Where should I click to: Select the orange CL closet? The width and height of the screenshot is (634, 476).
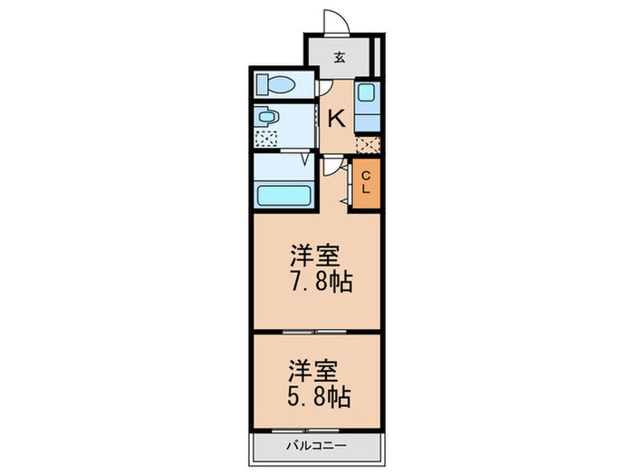pos(365,184)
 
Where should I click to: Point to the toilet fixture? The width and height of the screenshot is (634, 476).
pos(276,85)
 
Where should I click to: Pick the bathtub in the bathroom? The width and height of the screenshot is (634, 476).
pos(284,195)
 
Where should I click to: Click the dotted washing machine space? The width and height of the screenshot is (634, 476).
pos(266,138)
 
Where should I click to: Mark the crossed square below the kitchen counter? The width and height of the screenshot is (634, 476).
pos(366,143)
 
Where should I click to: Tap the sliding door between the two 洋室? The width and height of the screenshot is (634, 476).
pos(315,332)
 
